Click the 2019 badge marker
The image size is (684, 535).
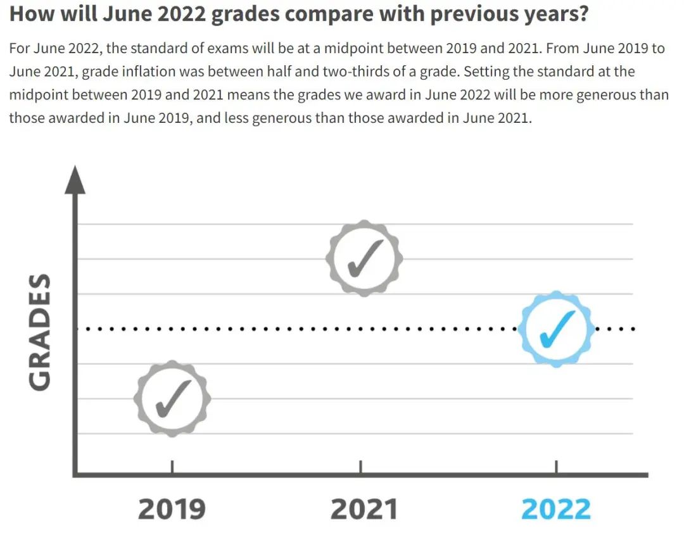(x=172, y=398)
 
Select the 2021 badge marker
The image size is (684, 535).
(x=364, y=258)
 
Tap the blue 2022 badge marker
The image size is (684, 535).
(x=557, y=329)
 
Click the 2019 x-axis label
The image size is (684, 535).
(x=172, y=509)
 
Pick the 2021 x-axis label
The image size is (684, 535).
(x=364, y=509)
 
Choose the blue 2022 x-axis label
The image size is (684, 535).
(x=556, y=509)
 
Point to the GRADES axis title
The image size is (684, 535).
(x=40, y=332)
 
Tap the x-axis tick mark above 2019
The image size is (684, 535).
(x=172, y=467)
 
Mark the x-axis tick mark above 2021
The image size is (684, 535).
(x=361, y=467)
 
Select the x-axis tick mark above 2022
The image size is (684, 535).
(x=556, y=467)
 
